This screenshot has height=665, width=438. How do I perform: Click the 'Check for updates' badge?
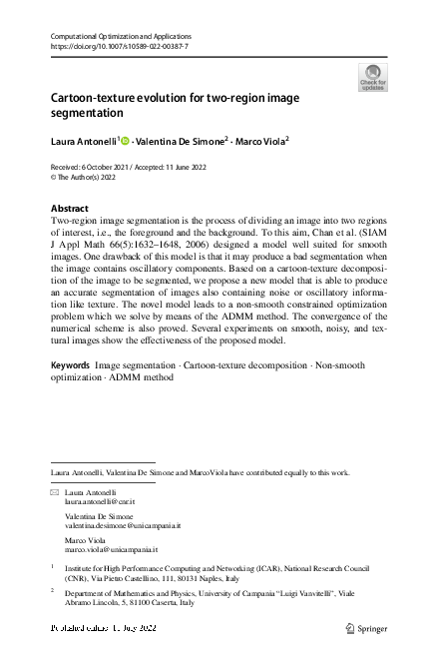click(372, 77)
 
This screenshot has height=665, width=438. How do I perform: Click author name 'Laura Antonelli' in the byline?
click(83, 141)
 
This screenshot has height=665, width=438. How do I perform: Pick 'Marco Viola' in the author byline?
click(257, 141)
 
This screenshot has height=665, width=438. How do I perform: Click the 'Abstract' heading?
click(69, 208)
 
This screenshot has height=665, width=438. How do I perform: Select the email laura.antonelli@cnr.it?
click(98, 501)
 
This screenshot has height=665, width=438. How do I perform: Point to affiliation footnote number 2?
click(52, 591)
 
